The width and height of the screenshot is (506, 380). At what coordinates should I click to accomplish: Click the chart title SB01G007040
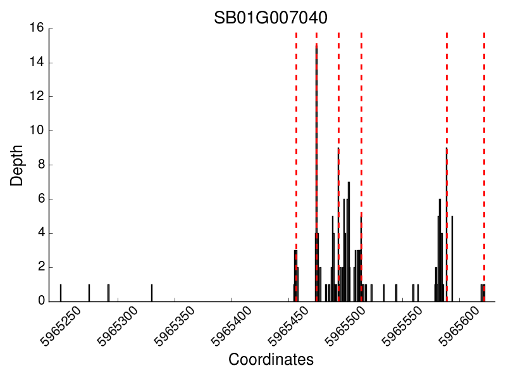tap(271, 17)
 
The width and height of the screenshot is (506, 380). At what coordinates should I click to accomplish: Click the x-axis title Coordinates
tap(271, 360)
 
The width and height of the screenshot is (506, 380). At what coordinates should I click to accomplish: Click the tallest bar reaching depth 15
tap(316, 171)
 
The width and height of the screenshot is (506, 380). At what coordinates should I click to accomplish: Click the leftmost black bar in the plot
tap(61, 293)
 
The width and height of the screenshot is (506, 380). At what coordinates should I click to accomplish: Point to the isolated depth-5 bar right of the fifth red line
tap(452, 258)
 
